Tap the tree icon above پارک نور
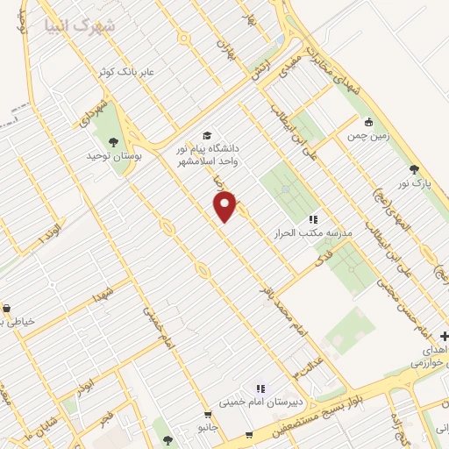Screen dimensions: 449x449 [414, 169]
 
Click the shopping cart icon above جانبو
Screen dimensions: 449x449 [208, 415]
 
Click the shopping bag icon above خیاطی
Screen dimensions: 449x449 [7, 309]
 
